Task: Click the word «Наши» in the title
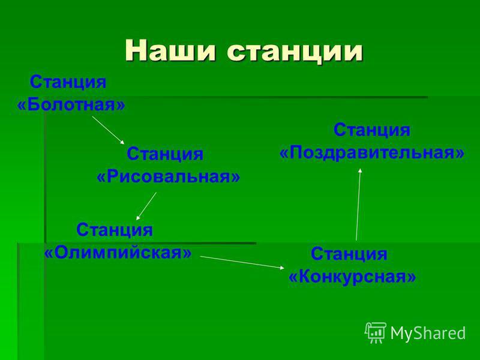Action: point(170,50)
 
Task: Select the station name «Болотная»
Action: point(71,105)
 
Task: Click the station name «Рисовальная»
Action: point(169,176)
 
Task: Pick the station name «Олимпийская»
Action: point(118,253)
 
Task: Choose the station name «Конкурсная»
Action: point(352,277)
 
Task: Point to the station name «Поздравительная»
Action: point(372,152)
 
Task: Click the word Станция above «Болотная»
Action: point(68,82)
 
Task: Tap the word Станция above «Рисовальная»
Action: point(165,154)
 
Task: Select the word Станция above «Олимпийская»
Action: point(115,230)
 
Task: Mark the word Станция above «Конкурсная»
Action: point(349,254)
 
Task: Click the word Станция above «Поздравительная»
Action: point(372,130)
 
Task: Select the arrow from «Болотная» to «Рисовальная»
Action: point(109,130)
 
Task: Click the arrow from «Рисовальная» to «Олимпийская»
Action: point(146,206)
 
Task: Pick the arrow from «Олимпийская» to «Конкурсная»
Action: point(242,262)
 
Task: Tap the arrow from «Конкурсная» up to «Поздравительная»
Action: point(358,205)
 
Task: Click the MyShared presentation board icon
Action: point(376,332)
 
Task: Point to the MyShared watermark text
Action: point(428,333)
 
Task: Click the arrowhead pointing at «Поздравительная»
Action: point(361,170)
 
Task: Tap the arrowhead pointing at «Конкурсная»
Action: point(282,268)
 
